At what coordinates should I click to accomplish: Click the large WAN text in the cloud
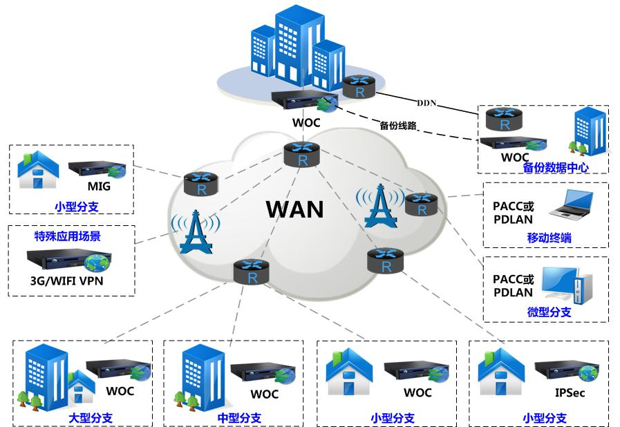pyautogui.click(x=295, y=208)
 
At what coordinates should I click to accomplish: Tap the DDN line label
pyautogui.click(x=426, y=103)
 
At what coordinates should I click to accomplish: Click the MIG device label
pyautogui.click(x=99, y=187)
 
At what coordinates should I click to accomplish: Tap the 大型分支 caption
pyautogui.click(x=90, y=417)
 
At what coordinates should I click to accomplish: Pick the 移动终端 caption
pyautogui.click(x=549, y=238)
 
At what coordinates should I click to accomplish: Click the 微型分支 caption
pyautogui.click(x=549, y=312)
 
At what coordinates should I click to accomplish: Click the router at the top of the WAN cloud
pyautogui.click(x=302, y=153)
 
